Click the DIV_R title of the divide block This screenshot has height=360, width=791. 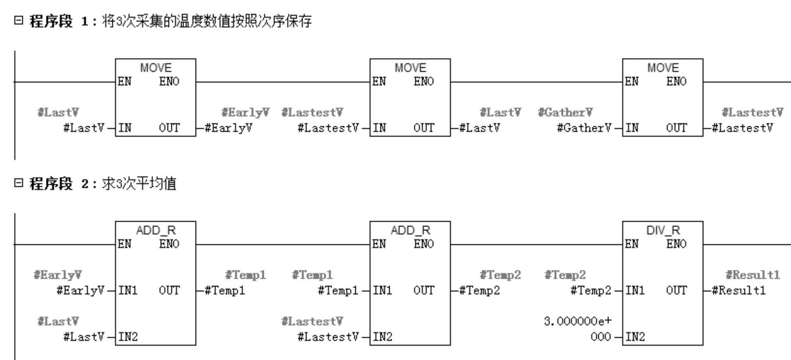662,230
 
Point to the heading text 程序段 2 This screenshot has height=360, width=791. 59,183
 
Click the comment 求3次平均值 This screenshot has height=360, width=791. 139,183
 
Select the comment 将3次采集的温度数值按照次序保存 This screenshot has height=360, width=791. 207,21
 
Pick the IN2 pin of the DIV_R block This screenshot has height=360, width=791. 635,337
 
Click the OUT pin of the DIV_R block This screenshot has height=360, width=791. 676,290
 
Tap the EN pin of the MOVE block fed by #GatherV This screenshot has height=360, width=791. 632,81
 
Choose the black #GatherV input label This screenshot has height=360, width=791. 584,128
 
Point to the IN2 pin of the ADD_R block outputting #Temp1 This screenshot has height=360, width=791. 128,337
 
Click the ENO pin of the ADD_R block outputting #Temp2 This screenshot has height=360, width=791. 424,244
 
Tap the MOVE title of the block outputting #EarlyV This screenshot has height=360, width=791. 156,68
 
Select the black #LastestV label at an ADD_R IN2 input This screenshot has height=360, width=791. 328,337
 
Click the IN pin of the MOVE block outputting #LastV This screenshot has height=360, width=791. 379,128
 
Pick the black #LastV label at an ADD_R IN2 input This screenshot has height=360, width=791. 84,337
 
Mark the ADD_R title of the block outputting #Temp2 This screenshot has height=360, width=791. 410,230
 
